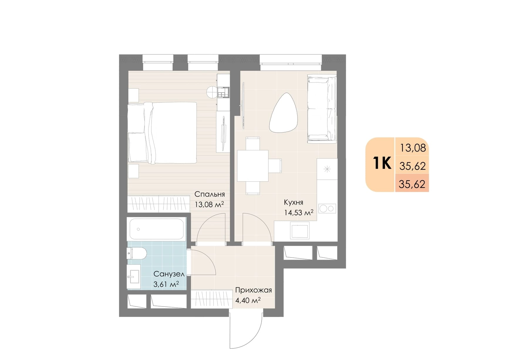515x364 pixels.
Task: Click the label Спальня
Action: pos(210,194)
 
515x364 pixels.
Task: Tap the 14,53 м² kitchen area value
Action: pos(299,212)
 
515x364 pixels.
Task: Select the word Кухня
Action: pos(293,202)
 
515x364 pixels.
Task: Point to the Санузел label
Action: pos(169,274)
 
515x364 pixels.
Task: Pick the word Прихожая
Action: pos(253,290)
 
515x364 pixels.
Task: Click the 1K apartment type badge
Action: pos(382,163)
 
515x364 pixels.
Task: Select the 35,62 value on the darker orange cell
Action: pos(412,184)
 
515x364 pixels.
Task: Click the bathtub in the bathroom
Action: pos(156,229)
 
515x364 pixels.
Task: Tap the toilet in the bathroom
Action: pos(137,253)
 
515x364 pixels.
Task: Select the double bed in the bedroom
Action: pos(162,133)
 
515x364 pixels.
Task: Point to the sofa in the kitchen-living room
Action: pos(322,109)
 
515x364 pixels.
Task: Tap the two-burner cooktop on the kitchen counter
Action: pos(327,208)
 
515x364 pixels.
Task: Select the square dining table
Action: pos(253,166)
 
